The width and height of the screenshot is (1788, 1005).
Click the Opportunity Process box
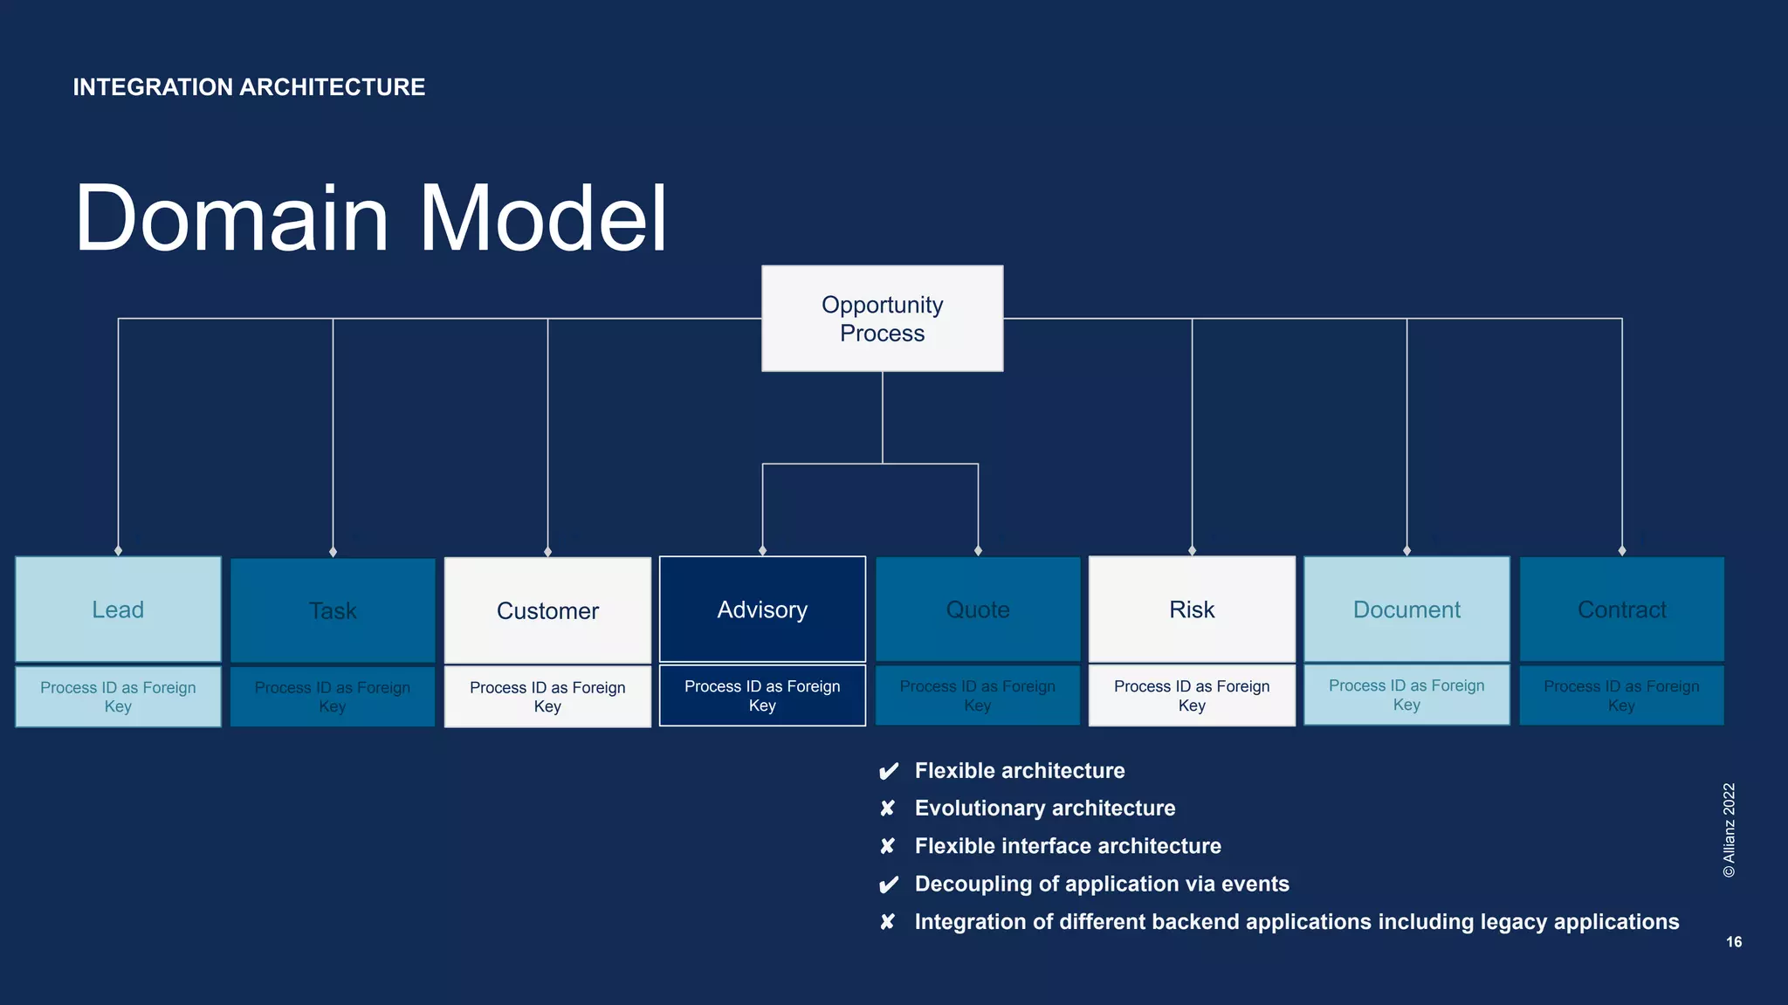tap(882, 319)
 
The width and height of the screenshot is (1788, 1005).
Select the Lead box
tap(118, 609)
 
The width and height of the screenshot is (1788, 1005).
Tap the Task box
tap(333, 610)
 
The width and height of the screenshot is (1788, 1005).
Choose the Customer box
tap(547, 610)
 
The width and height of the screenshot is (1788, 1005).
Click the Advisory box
tap(762, 609)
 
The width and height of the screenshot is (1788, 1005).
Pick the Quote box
tap(978, 609)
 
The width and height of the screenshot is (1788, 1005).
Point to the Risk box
tap(1192, 609)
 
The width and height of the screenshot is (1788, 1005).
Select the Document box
tap(1406, 609)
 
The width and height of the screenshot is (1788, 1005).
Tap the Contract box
tap(1621, 609)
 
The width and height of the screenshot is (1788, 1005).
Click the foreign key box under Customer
tap(547, 697)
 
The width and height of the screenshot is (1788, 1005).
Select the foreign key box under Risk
tap(1192, 696)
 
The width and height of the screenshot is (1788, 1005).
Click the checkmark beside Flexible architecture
tap(888, 771)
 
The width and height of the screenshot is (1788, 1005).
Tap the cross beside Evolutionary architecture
tap(887, 809)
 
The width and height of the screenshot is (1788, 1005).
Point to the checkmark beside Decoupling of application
tap(888, 885)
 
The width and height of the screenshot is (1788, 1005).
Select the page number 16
tap(1734, 942)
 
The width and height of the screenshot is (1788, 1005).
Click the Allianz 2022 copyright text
tap(1730, 830)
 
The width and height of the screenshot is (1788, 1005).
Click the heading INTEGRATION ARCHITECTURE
tap(249, 87)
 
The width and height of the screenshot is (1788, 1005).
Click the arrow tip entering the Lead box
tap(118, 551)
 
